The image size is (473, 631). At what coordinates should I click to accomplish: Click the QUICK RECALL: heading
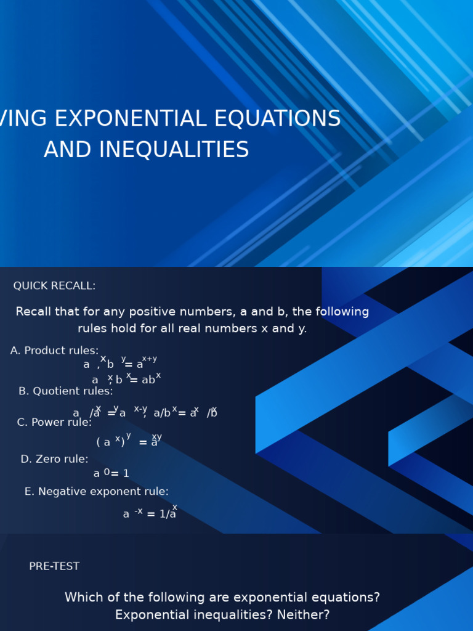pos(54,286)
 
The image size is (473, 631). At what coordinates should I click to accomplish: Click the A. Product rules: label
pos(54,351)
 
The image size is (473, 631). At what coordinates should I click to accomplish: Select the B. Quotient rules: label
pos(66,391)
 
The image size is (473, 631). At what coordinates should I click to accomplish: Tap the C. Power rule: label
pos(54,422)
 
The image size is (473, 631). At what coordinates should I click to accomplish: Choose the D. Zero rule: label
pos(54,459)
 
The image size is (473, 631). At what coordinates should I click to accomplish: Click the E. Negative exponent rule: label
pos(97,492)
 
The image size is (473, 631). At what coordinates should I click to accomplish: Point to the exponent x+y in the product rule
pos(150,359)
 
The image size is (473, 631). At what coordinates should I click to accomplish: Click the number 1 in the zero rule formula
pos(126,474)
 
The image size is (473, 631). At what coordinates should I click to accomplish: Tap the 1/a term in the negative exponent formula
pos(168,514)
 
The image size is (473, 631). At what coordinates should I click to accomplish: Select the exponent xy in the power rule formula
pos(157,437)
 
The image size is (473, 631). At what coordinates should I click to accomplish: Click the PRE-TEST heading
pos(54,566)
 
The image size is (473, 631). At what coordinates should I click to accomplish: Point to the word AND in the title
pos(65,150)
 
